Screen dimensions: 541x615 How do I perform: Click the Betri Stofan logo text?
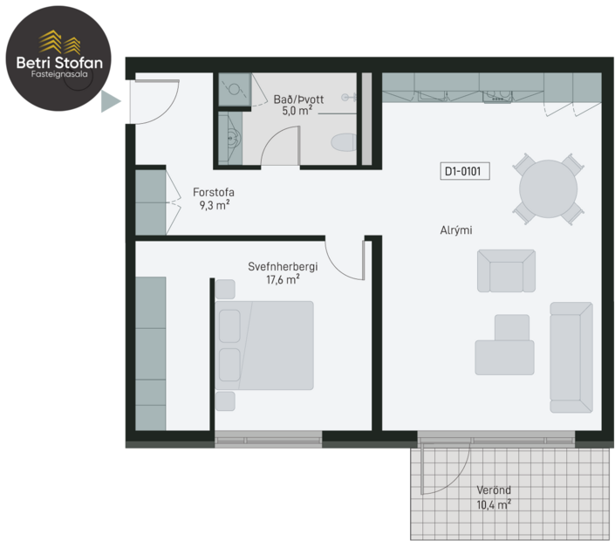[x=58, y=62]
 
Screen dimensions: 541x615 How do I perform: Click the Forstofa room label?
[x=214, y=194]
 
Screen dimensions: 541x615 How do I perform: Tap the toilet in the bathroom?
[x=342, y=142]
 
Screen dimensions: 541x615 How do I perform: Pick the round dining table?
[x=548, y=188]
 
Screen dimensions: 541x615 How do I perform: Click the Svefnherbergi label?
[x=283, y=266]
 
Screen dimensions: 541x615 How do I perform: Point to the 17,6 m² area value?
[x=283, y=280]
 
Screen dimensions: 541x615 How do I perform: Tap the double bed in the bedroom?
[x=270, y=345]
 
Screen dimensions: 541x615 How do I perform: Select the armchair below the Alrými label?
[x=506, y=271]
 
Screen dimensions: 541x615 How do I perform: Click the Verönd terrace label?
[x=493, y=490]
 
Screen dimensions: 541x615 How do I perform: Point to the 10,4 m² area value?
[x=493, y=503]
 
